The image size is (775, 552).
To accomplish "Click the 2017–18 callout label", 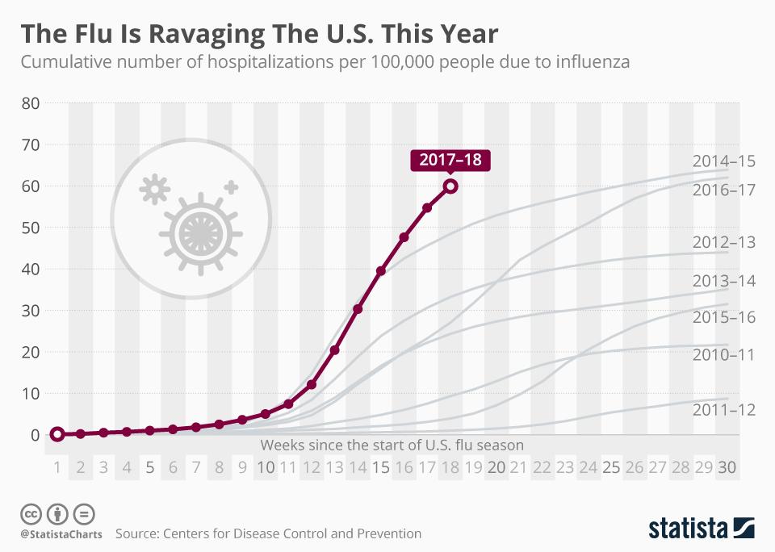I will click(451, 160).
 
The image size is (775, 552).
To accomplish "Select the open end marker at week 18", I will click(451, 186).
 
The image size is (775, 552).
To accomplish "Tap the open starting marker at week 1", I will click(57, 434).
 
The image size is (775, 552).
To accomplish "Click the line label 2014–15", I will click(724, 161).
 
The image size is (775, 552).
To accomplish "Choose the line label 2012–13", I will click(724, 242).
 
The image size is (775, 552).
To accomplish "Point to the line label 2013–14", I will click(724, 281).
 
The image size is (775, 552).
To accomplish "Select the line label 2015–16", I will click(724, 317).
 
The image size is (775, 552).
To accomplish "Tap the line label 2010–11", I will click(724, 354).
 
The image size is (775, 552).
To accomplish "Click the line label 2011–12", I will click(724, 410).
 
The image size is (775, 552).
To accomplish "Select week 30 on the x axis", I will click(727, 467).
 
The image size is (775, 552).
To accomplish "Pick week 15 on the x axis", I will click(381, 467).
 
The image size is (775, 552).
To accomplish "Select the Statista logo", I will click(702, 529).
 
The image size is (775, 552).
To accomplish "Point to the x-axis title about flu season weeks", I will click(392, 445).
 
